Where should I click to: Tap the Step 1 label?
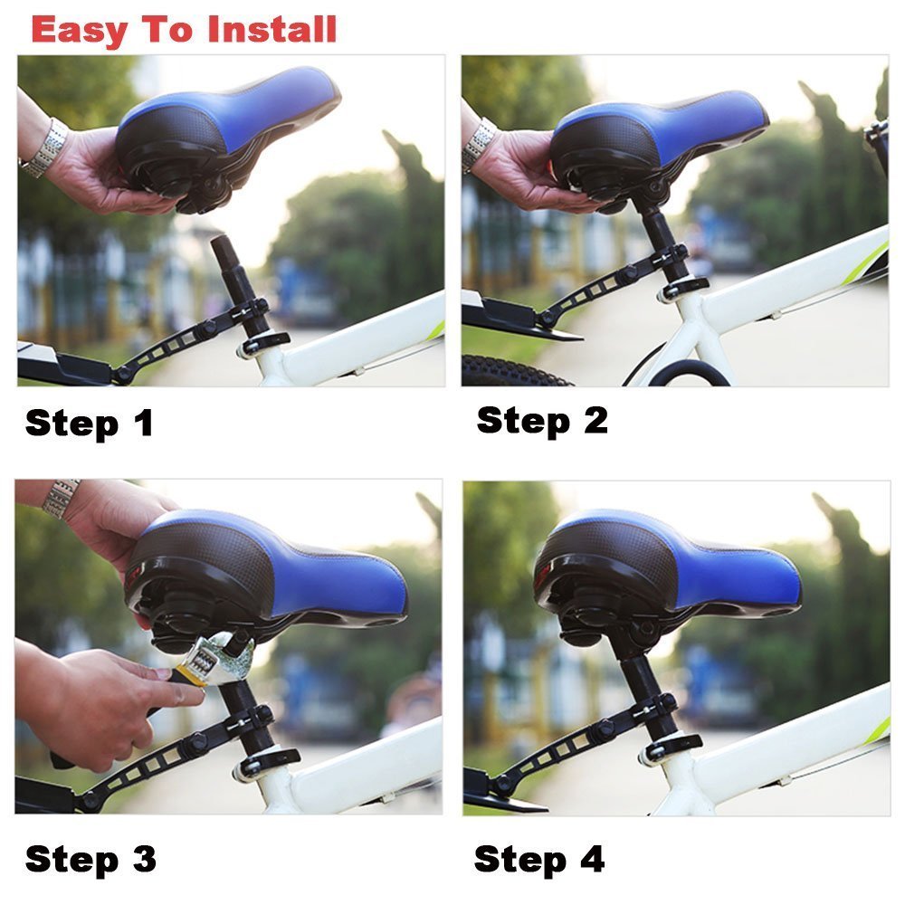(89, 423)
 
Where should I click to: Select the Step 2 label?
(541, 420)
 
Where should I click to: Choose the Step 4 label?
(538, 858)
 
